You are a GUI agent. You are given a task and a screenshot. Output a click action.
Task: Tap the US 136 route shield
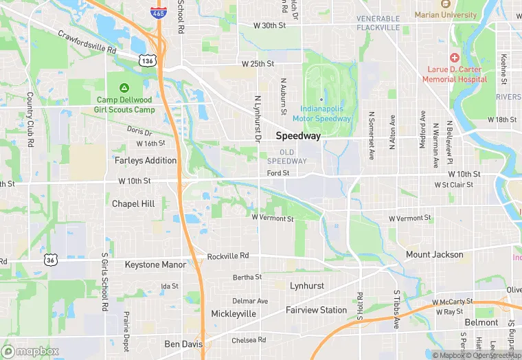click(x=146, y=61)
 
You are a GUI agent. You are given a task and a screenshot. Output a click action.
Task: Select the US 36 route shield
click(x=49, y=260)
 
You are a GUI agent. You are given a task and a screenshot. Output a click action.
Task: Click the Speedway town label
click(x=298, y=136)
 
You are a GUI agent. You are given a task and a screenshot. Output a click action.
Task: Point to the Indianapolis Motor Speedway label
click(x=326, y=113)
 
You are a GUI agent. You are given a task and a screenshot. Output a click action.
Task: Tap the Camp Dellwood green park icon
click(x=125, y=88)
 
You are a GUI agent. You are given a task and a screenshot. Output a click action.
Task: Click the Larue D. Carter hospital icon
click(x=454, y=60)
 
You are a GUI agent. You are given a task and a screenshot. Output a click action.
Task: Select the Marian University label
click(x=445, y=14)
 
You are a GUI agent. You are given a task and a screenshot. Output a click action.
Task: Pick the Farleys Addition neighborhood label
click(x=146, y=161)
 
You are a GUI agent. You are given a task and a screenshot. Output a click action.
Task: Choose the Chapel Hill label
click(x=133, y=204)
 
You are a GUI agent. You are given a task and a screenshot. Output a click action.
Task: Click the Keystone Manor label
click(x=155, y=265)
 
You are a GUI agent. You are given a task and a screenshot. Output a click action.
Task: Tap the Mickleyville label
click(x=234, y=314)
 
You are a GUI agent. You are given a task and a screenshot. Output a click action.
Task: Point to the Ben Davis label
click(x=182, y=344)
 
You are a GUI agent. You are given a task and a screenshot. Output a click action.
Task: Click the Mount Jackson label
click(x=434, y=255)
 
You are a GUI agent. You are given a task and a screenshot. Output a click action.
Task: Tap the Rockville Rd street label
click(x=227, y=257)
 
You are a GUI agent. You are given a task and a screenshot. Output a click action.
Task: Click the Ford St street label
click(x=278, y=173)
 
